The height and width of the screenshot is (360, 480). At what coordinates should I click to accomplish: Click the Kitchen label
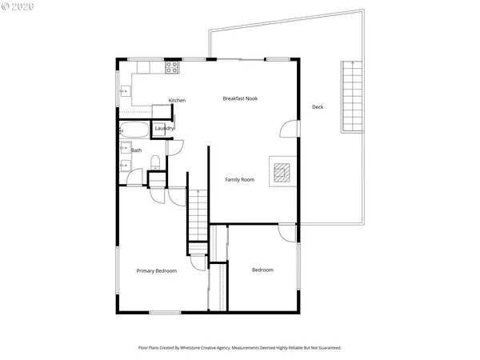177,100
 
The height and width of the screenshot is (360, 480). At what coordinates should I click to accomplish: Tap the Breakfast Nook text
240,98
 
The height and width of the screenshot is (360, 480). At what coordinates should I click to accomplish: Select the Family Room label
239,180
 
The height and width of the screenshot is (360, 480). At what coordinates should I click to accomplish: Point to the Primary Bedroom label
156,270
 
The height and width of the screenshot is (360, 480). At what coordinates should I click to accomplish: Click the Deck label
318,107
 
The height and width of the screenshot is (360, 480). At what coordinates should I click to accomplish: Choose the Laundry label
164,129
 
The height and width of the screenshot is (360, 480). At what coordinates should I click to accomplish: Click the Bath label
137,150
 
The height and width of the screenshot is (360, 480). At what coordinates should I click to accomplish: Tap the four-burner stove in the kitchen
171,69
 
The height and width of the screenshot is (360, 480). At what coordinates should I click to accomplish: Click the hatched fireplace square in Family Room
282,172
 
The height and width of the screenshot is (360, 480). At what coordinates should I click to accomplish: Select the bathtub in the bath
133,130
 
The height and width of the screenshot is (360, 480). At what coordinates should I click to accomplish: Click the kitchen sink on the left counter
125,92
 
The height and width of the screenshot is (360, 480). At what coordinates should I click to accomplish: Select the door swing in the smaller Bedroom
287,233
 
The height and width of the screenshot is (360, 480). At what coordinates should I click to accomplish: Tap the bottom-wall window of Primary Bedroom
164,312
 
